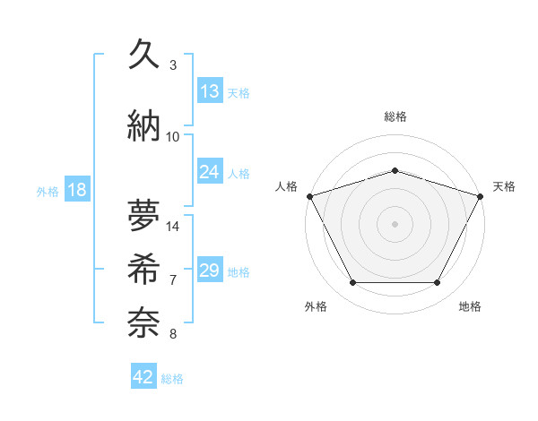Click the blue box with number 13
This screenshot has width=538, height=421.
point(210,91)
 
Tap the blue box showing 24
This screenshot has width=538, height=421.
point(210,172)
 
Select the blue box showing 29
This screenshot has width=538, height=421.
point(210,271)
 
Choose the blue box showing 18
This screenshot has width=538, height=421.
point(76,191)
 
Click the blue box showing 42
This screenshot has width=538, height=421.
point(143,377)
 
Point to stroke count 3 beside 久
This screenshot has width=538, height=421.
point(173,64)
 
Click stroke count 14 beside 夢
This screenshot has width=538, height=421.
point(173,227)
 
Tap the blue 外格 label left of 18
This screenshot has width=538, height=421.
point(48,192)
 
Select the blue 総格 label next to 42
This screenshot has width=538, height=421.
point(172,379)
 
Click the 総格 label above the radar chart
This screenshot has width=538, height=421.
point(395,117)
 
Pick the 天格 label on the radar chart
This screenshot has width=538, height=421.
point(504,186)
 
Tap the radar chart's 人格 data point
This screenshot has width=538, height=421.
point(309,195)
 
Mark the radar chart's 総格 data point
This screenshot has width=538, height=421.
point(395,170)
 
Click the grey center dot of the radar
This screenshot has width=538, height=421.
point(395,223)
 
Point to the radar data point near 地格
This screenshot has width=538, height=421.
point(438,283)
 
